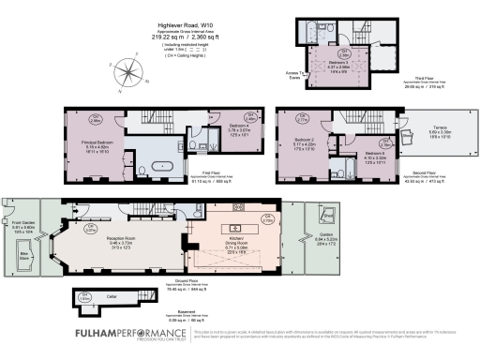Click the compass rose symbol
click(x=125, y=73)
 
